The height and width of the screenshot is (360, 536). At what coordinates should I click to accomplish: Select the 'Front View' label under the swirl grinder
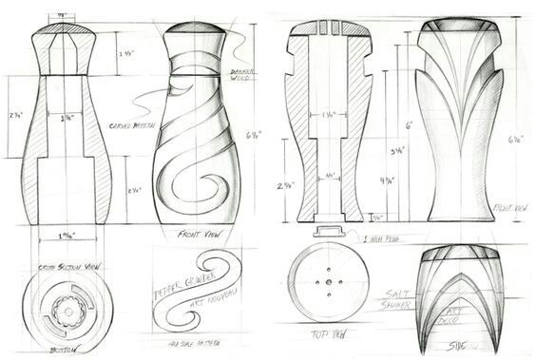(200, 232)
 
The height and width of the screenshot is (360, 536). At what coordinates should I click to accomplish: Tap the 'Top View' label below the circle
(325, 333)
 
